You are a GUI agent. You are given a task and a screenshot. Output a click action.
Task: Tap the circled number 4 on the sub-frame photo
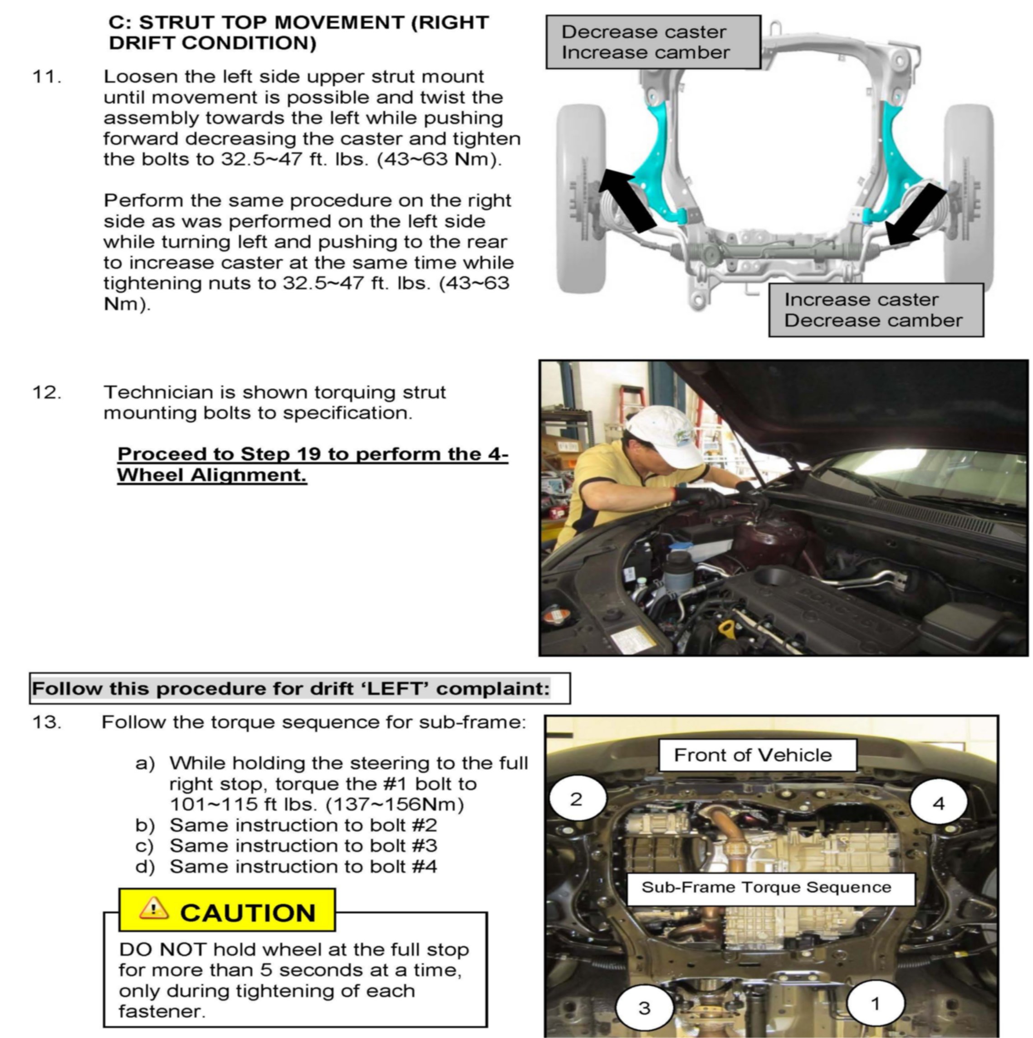[938, 804]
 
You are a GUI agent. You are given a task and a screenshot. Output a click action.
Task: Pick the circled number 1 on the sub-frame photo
[876, 1004]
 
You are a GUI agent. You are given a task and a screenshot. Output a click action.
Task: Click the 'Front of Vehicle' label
[753, 755]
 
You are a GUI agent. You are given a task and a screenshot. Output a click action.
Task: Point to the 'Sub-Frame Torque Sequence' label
[766, 887]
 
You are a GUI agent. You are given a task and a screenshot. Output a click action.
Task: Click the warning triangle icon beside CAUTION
[154, 908]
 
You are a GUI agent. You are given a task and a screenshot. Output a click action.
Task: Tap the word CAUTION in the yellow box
[248, 913]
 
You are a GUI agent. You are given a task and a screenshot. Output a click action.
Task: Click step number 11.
[47, 77]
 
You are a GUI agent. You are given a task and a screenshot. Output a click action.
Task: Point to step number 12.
[47, 393]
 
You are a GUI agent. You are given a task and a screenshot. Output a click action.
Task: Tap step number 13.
[47, 722]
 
